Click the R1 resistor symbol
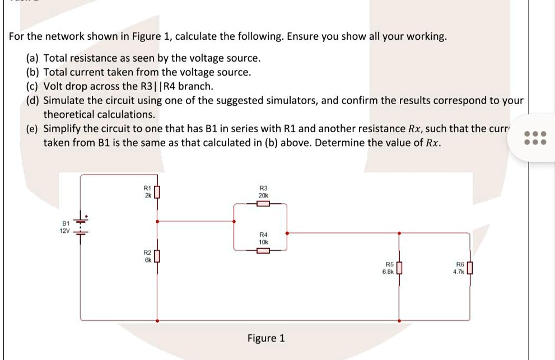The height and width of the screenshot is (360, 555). click(157, 192)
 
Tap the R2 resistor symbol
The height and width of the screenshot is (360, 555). click(157, 257)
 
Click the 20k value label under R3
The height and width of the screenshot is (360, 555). click(263, 195)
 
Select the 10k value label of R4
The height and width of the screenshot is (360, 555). click(263, 242)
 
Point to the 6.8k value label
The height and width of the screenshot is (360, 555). click(388, 271)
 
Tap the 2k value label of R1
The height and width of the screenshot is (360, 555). click(147, 196)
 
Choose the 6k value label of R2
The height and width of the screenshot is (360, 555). click(147, 260)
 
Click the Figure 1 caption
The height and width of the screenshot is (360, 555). click(266, 338)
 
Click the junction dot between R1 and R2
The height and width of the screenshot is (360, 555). click(157, 221)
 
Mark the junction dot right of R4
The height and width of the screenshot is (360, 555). click(287, 232)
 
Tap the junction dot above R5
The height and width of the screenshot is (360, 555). click(399, 232)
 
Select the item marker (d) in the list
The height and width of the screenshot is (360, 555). click(33, 101)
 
